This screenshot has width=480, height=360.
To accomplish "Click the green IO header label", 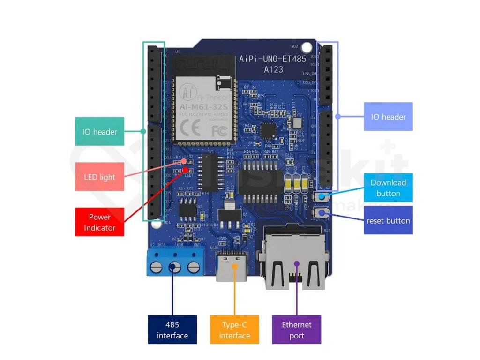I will point(99,131).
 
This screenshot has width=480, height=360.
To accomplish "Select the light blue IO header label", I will point(388,116).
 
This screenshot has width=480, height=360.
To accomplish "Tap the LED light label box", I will point(99,177).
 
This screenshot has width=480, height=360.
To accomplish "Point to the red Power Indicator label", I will point(99,222).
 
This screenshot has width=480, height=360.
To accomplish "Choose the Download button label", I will point(388,187).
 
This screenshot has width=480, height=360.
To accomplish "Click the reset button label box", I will point(388,220).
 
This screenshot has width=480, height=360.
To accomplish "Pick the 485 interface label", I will point(172,330).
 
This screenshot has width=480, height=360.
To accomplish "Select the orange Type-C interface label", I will point(234,330).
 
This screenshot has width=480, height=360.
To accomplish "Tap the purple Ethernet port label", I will point(296,330).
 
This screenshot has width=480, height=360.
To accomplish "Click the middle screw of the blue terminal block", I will point(174,268).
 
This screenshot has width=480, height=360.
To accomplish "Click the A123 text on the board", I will point(273,69).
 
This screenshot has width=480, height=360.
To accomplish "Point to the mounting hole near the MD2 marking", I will point(306,47).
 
